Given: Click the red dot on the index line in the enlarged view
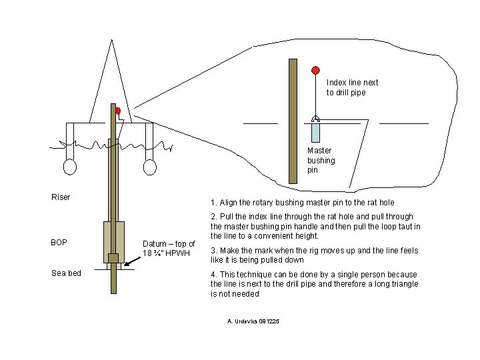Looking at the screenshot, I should (315, 70).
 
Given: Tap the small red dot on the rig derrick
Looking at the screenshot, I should (117, 111).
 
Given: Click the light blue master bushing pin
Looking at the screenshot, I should (316, 131).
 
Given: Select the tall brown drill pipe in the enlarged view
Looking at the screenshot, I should (293, 121).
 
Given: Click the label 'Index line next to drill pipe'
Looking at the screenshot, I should (352, 87).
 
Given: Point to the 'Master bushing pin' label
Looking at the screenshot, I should (321, 160).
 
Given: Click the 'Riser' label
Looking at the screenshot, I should (61, 197).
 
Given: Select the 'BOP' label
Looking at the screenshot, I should (59, 242).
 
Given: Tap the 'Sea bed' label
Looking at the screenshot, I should (66, 273).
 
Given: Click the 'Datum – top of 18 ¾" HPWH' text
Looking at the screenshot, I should (169, 248).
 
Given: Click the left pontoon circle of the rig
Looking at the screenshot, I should (69, 166).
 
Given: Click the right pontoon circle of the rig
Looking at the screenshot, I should (149, 166).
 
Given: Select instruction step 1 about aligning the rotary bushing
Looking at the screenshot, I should (302, 203).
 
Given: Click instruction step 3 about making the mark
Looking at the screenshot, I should (315, 255).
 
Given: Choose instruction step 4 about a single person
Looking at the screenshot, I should (314, 283).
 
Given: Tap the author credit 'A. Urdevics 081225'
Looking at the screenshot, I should (253, 321).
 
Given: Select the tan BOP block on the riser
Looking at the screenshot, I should (113, 241).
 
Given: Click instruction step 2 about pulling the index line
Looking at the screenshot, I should (315, 226).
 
